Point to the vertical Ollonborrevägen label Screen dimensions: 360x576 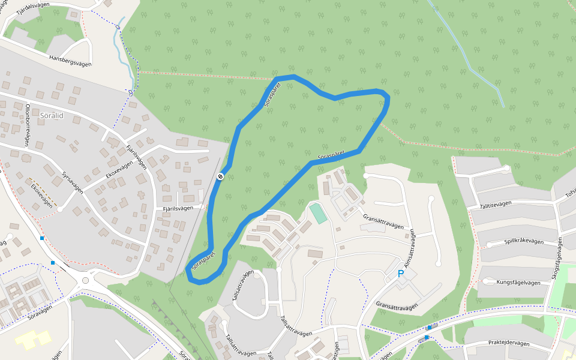[27, 125]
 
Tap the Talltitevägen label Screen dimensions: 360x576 [503, 204]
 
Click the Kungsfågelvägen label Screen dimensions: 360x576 [521, 281]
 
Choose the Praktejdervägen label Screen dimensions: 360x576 [509, 343]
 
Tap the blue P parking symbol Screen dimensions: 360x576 [401, 274]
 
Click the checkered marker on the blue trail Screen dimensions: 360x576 [220, 176]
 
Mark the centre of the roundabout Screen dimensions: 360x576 [85, 281]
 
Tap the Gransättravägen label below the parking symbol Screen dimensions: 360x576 [397, 306]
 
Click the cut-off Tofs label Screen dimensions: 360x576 [570, 193]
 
